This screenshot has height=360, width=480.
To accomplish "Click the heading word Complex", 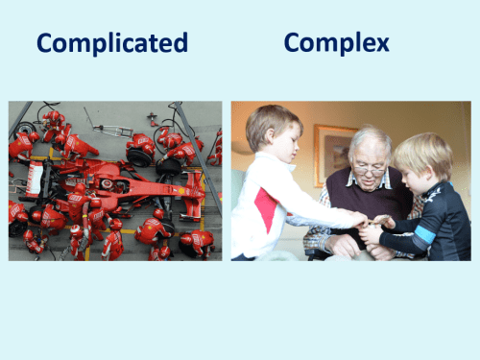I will (x=336, y=43).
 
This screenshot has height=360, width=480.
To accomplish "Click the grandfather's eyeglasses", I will (x=369, y=169).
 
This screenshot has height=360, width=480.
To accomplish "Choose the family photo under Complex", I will (x=350, y=180).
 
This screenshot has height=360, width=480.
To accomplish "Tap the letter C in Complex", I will (x=294, y=43).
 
